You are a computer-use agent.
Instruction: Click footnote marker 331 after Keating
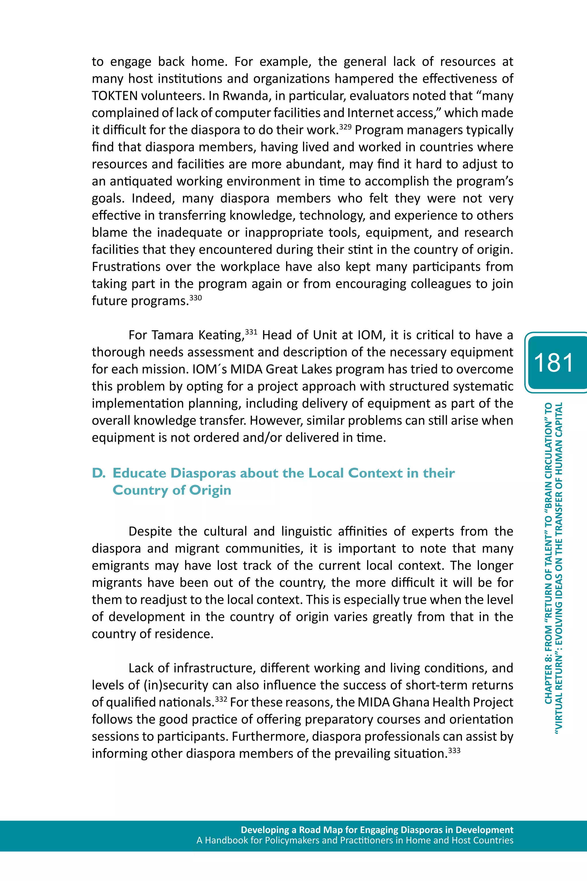251,332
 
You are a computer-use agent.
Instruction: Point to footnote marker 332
221,699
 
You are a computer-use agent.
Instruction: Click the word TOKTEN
115,96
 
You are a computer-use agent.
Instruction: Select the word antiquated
141,181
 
